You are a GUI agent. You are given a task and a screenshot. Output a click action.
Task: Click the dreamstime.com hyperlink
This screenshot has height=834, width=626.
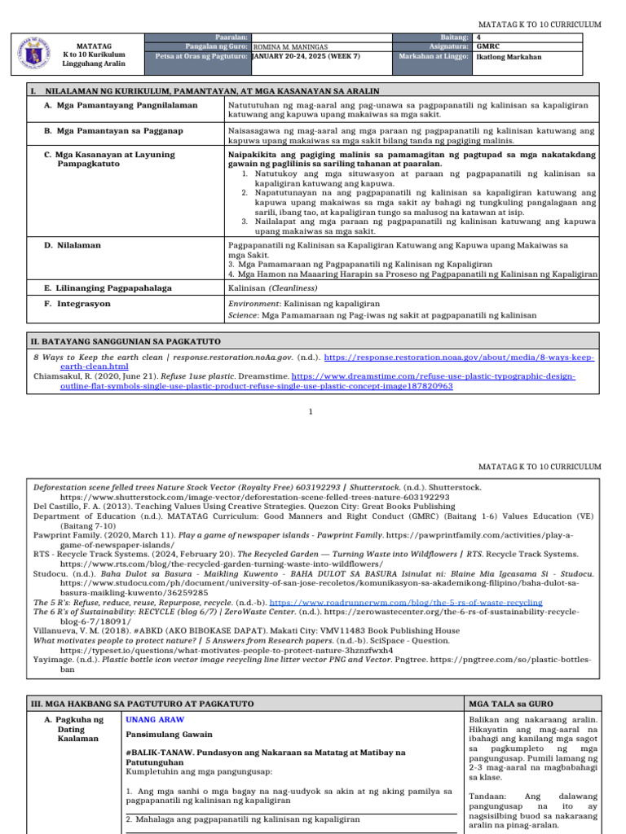(433, 376)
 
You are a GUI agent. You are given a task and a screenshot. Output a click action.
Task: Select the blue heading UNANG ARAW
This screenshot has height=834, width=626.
(155, 719)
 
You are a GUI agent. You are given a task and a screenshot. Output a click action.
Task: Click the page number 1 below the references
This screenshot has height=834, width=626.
(311, 411)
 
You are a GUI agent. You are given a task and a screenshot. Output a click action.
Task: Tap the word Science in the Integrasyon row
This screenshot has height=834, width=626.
(243, 315)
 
